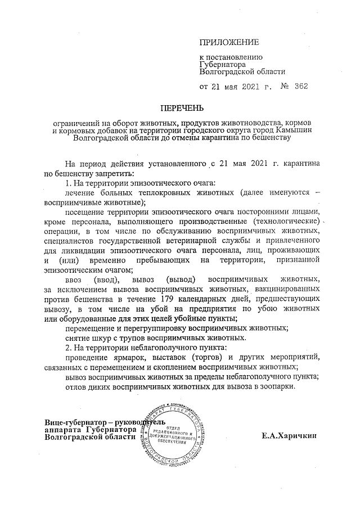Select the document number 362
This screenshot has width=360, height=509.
point(301,87)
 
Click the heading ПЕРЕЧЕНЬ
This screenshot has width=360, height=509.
point(181,107)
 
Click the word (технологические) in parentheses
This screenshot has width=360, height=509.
point(287,221)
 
